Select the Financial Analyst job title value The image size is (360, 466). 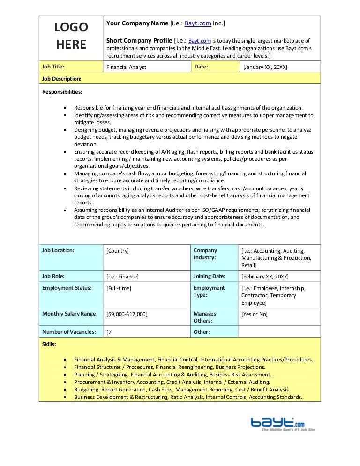[x=127, y=67]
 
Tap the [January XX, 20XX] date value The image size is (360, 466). [x=264, y=67]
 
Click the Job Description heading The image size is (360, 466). [x=62, y=79]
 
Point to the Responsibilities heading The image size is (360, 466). [x=62, y=92]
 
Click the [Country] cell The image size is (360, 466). [x=118, y=251]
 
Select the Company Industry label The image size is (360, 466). [x=205, y=254]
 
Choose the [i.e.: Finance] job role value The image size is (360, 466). [x=122, y=277]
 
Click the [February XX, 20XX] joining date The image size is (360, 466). [x=265, y=277]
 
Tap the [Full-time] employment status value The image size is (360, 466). [x=119, y=288]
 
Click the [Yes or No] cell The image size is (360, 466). [x=255, y=314]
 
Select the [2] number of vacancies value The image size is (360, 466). [x=110, y=332]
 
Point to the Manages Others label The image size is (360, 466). [x=205, y=317]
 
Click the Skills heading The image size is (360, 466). [x=49, y=344]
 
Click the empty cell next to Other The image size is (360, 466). [x=279, y=332]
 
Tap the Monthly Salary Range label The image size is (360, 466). [x=70, y=314]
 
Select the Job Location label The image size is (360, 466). [x=58, y=250]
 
